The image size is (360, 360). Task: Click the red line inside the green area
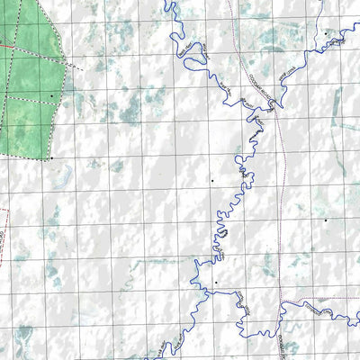coord(18,40)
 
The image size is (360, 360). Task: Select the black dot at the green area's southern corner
coord(51,158)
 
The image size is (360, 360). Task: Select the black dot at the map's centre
coord(211,181)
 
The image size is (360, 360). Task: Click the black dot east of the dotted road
coord(325,219)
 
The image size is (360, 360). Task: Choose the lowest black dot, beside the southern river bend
coord(216,283)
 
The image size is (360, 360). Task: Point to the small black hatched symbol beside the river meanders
coord(221,233)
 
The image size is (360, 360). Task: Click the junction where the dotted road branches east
coord(280,300)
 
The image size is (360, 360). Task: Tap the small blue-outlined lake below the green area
coord(63,180)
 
